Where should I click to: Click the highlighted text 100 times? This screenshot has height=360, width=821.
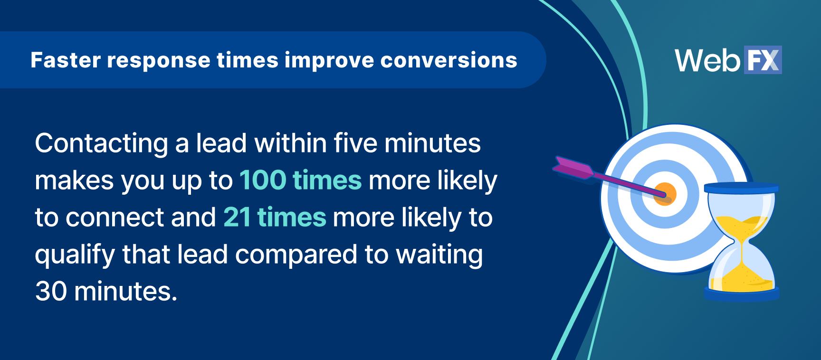click(300, 180)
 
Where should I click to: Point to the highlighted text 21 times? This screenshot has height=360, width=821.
click(275, 218)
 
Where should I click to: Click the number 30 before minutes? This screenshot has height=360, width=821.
click(51, 291)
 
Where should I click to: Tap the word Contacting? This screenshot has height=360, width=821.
click(101, 143)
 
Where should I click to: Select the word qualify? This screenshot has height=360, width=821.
click(75, 255)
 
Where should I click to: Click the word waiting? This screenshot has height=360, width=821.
click(439, 255)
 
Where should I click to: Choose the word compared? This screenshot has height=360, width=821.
click(296, 255)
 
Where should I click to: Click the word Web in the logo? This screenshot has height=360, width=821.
click(707, 61)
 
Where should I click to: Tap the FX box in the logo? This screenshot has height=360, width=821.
click(763, 60)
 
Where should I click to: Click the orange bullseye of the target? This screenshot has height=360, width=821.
click(665, 194)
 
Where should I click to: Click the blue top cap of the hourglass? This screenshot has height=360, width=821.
click(741, 188)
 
